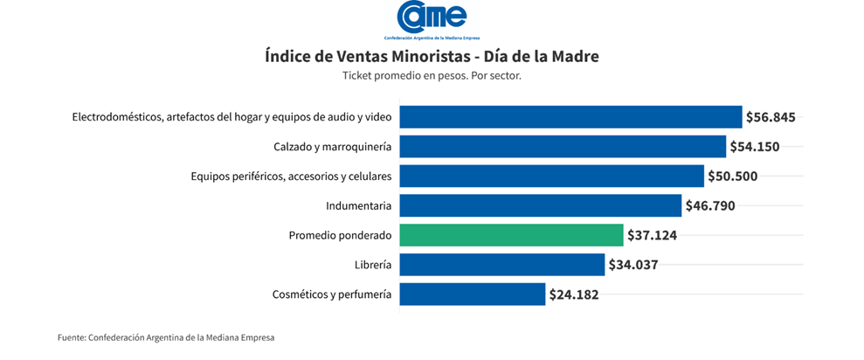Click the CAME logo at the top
tap(432, 19)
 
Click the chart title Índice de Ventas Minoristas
tap(432, 57)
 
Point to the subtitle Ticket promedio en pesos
tap(432, 76)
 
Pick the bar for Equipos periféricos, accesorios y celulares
tap(551, 177)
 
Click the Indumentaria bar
tap(540, 206)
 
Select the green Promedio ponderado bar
tap(512, 235)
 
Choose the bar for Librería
tap(501, 265)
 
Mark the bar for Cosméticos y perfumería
tap(472, 294)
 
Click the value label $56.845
tap(771, 117)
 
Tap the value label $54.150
tap(755, 147)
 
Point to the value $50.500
tap(732, 177)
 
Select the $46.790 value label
tap(710, 206)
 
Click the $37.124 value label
tap(653, 235)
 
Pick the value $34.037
tap(632, 265)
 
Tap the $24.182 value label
tap(574, 294)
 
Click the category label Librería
tap(372, 265)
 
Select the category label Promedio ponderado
tap(340, 235)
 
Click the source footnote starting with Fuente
tap(166, 337)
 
